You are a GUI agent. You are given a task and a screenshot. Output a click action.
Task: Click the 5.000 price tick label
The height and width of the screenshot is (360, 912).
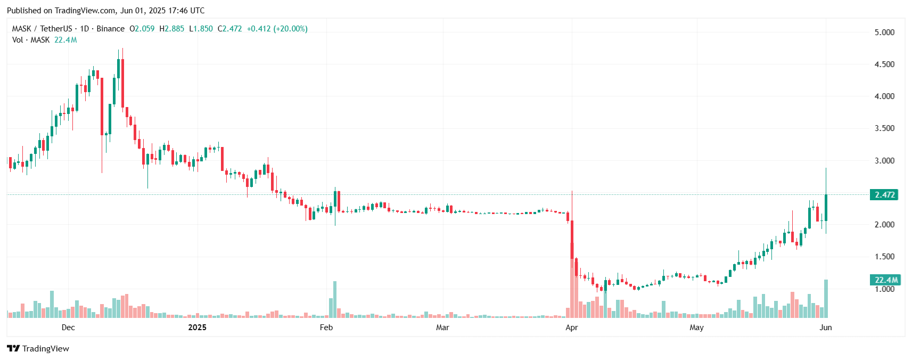(x=884, y=32)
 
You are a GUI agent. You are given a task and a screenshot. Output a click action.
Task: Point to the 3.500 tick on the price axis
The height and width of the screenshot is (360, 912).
(x=884, y=128)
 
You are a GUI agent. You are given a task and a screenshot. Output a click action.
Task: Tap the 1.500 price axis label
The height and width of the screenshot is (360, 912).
(x=884, y=257)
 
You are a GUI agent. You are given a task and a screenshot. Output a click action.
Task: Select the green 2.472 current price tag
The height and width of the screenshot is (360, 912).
(x=884, y=195)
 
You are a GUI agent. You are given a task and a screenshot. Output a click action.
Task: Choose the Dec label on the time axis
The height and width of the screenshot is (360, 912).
(x=68, y=328)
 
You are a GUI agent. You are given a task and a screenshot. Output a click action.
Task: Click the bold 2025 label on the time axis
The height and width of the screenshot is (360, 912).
(x=197, y=328)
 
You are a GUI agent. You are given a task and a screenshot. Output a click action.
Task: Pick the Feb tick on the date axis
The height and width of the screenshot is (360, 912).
(x=326, y=328)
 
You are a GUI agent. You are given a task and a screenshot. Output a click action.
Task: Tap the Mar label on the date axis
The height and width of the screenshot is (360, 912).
(x=442, y=328)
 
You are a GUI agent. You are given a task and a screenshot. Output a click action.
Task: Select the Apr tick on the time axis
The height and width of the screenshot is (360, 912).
(x=571, y=328)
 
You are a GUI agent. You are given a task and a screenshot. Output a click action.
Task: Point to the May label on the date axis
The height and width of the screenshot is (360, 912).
(x=696, y=328)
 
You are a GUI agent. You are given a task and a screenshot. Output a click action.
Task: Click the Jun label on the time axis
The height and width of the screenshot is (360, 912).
(x=825, y=328)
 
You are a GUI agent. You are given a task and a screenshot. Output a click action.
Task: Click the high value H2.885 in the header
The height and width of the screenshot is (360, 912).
(x=172, y=29)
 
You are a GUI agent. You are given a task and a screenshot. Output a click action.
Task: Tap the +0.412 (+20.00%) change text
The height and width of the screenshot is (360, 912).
(x=277, y=29)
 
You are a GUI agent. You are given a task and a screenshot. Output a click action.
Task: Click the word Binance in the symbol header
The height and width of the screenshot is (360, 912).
(x=110, y=29)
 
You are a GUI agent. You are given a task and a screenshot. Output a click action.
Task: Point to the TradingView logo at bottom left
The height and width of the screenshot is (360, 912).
(x=38, y=349)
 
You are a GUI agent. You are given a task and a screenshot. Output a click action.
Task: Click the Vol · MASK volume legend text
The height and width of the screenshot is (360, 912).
(x=31, y=40)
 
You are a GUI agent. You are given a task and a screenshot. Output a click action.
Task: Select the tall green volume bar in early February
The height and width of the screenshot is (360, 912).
(x=335, y=299)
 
